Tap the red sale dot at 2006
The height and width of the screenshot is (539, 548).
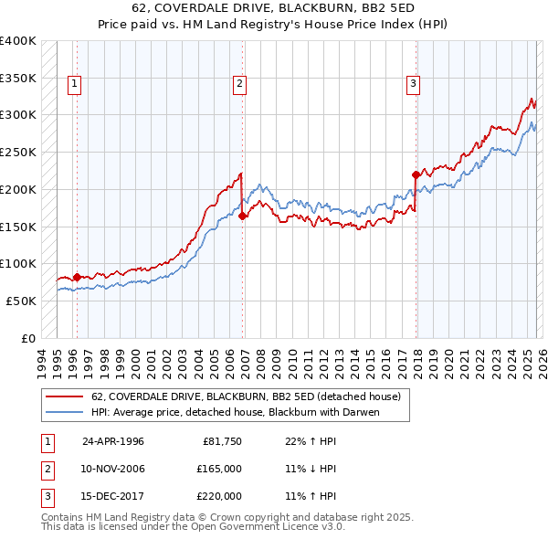(x=243, y=216)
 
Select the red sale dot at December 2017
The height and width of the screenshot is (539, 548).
(x=416, y=174)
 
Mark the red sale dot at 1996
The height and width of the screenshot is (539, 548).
(x=77, y=277)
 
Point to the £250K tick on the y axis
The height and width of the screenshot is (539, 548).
(x=18, y=153)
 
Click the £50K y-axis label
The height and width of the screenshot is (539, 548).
(x=21, y=301)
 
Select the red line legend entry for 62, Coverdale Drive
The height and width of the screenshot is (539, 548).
(x=246, y=397)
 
